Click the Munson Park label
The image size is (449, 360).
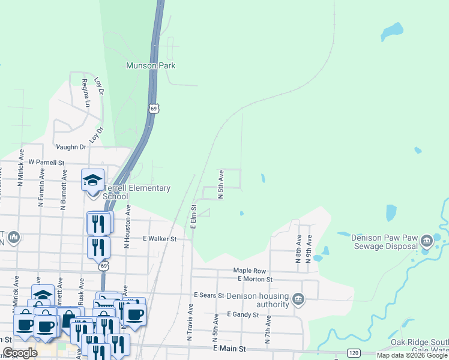pos(151,65)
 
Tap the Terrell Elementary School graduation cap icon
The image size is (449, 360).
pos(93,179)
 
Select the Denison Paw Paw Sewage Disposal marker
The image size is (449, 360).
pos(427,241)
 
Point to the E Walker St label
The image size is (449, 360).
pos(160,239)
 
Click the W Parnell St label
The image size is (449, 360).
pos(46,163)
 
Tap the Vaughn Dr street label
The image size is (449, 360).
pos(71,147)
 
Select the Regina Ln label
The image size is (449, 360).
pos(86,93)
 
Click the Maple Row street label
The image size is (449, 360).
pos(250,271)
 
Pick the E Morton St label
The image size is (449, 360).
pos(255,279)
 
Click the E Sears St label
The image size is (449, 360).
pos(209,295)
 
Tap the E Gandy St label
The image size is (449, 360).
pos(243,314)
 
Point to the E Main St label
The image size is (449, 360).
pos(229,349)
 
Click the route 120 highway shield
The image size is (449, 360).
pos(354,353)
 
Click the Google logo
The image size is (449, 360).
pos(20,353)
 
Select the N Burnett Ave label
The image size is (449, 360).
pos(62,188)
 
